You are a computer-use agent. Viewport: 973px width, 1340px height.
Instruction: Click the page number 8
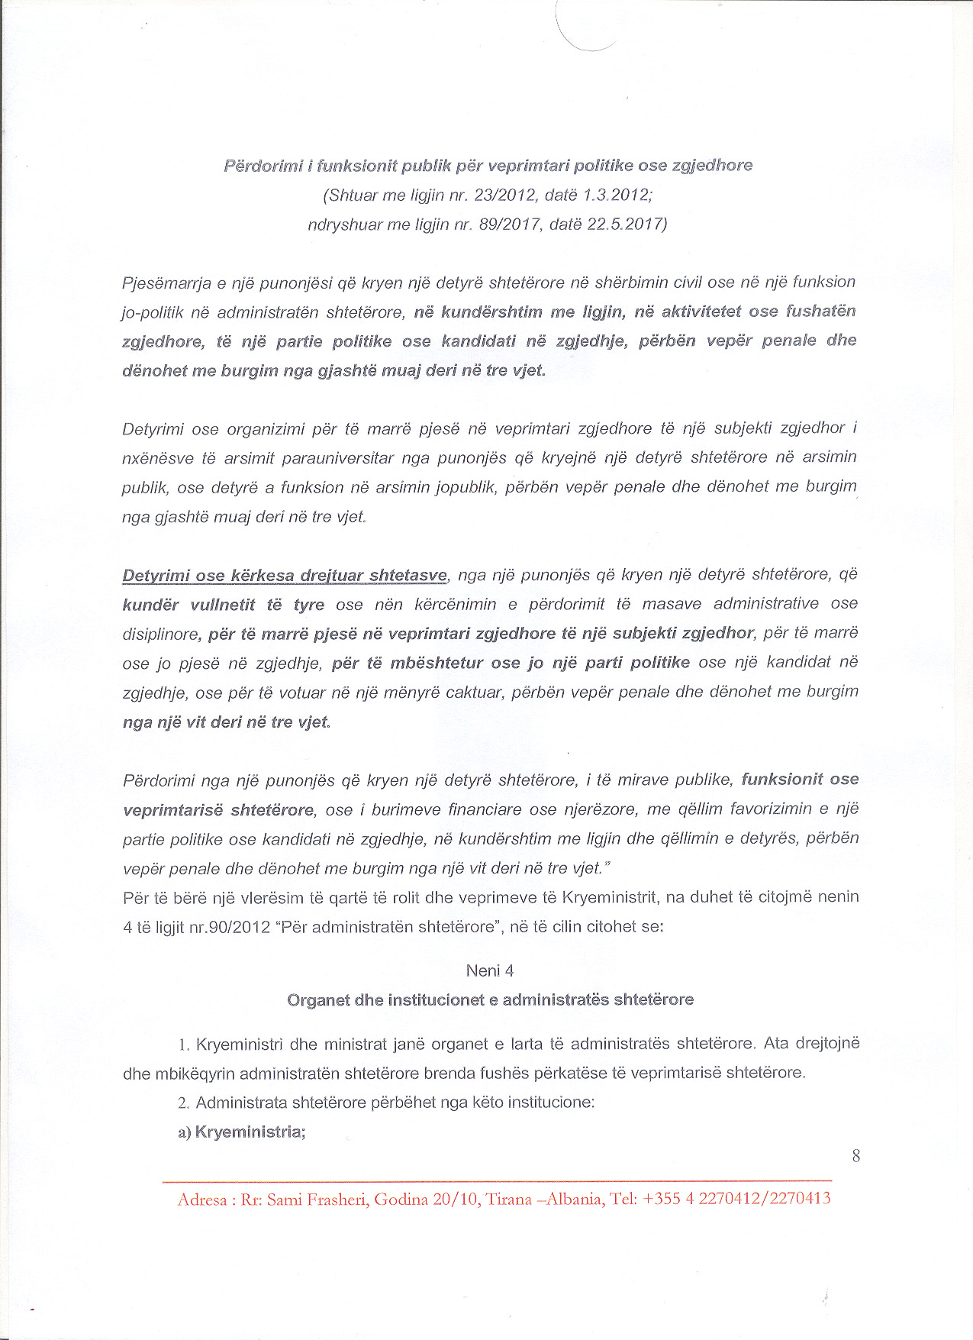coord(855,1156)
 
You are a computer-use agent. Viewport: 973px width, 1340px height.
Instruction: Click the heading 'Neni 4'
coord(490,970)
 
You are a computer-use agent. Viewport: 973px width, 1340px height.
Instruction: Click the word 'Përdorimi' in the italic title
coord(262,166)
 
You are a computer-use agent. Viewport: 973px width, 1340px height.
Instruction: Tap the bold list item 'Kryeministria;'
coord(250,1132)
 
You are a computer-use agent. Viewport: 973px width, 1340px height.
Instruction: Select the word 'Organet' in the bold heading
coord(317,999)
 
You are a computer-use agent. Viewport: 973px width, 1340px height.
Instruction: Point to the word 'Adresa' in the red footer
coord(202,1200)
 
